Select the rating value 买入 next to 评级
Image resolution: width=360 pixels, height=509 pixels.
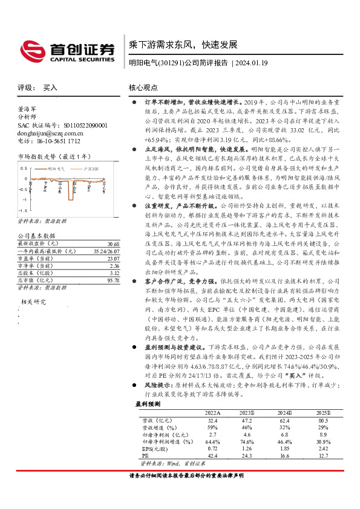(x=50, y=88)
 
